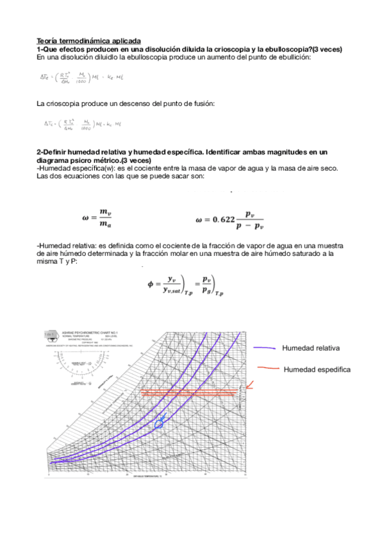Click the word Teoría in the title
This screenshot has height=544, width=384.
coord(49,40)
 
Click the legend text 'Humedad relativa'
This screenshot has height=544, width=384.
coord(310,348)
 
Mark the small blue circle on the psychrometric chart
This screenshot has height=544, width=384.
coord(159,421)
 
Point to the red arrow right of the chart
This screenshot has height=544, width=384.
coord(249,386)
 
